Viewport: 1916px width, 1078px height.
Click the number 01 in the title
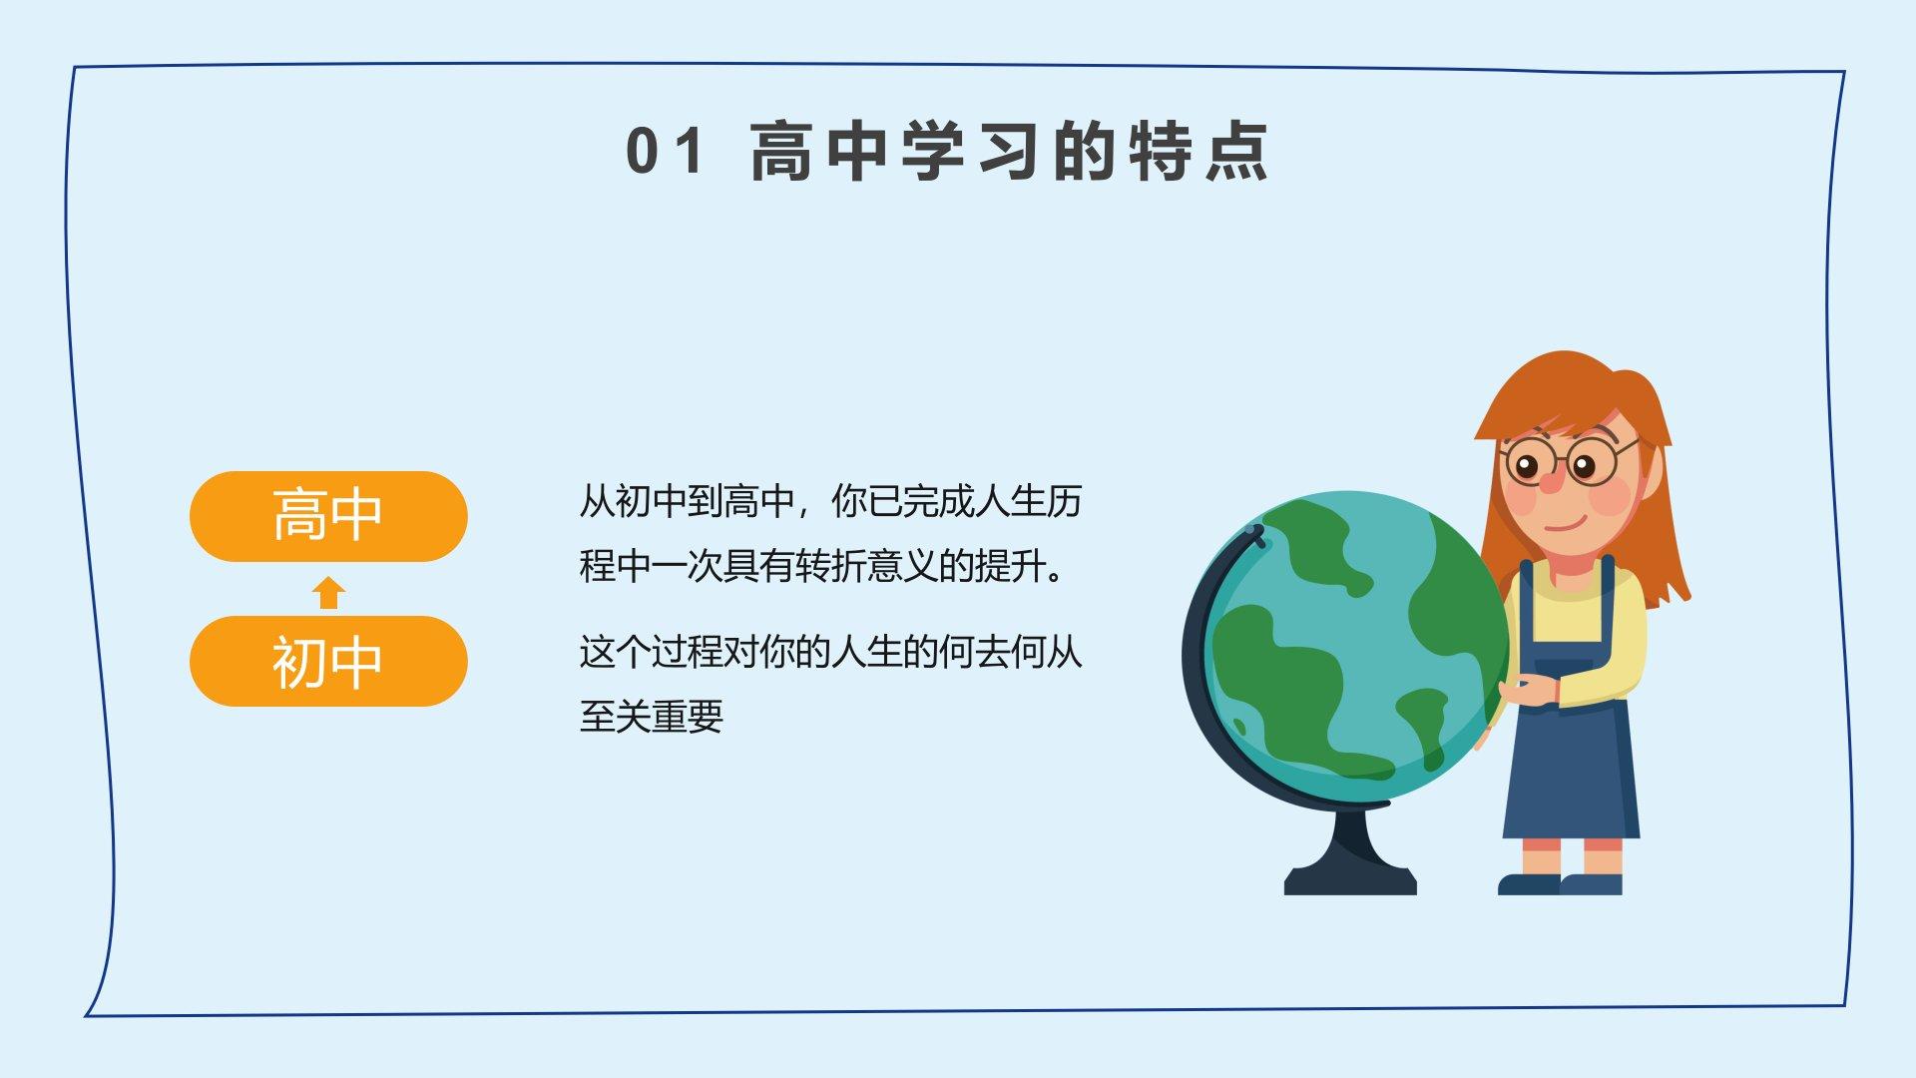pyautogui.click(x=664, y=152)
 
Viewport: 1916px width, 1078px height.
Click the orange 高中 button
pyautogui.click(x=328, y=516)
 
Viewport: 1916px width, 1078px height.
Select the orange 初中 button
pyautogui.click(x=328, y=661)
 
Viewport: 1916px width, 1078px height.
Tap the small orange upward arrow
pyautogui.click(x=328, y=593)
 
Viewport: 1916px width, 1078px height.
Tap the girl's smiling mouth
pyautogui.click(x=1564, y=524)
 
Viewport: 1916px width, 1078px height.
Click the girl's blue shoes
pyautogui.click(x=1560, y=884)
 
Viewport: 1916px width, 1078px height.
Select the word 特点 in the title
pyautogui.click(x=1197, y=152)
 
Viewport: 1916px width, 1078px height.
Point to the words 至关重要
pyautogui.click(x=651, y=716)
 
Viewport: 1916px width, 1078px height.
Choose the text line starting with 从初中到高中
pyautogui.click(x=830, y=501)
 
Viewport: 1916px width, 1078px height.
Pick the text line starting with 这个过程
pyautogui.click(x=830, y=652)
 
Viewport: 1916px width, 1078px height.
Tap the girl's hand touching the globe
pyautogui.click(x=1527, y=691)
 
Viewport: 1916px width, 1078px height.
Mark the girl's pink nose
pyautogui.click(x=1550, y=482)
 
